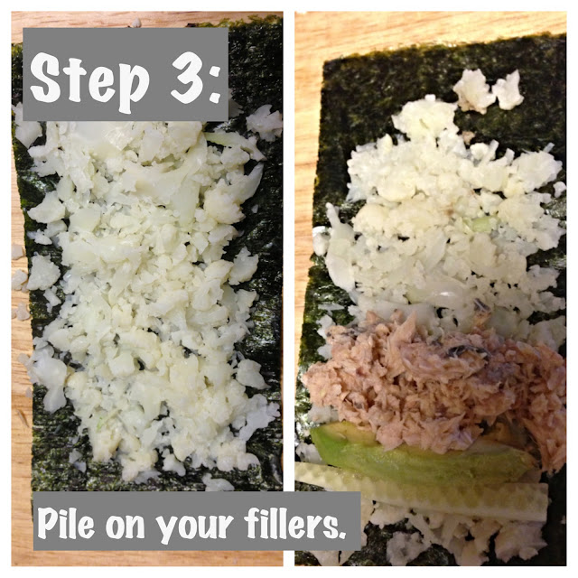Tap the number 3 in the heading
coord(187,79)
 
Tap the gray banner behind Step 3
coord(126,74)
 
